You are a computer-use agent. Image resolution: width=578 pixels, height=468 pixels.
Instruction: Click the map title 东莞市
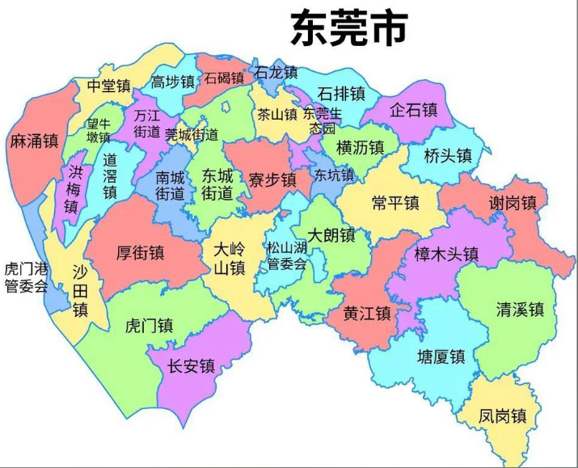349,30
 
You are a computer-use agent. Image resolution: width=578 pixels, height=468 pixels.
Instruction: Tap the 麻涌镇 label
34,141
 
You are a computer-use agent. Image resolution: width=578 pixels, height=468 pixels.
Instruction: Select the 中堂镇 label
109,86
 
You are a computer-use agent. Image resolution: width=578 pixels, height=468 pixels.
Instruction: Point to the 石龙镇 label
276,72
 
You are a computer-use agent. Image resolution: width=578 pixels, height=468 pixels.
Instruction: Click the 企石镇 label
413,109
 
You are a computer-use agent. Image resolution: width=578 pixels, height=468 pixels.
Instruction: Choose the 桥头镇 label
448,155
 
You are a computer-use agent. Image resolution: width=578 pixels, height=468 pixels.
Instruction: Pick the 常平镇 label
394,203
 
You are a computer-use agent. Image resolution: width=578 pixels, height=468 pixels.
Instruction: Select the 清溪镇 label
520,309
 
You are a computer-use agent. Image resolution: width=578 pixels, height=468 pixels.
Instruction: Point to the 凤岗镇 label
502,416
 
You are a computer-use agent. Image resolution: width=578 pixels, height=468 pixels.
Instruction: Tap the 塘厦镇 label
441,356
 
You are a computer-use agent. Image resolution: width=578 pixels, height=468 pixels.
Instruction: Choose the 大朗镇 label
331,235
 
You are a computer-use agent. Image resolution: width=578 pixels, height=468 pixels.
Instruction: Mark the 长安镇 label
191,366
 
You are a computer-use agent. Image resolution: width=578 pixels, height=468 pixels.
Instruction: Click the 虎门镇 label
149,326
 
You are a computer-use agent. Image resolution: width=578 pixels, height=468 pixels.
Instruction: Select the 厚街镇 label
140,253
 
